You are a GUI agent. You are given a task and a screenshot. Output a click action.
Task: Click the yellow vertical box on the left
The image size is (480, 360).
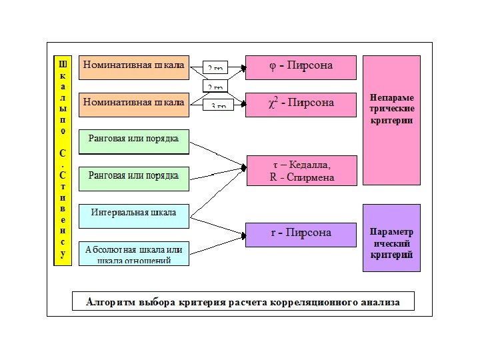point(63,160)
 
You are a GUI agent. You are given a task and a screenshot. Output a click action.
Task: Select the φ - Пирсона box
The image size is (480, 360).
point(301,67)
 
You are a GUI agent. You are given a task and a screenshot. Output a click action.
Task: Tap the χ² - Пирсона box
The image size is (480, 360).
point(301,104)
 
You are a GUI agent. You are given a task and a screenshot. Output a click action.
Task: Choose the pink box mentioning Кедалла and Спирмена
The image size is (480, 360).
point(301,171)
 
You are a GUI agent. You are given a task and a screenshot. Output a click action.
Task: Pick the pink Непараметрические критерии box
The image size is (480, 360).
point(391,119)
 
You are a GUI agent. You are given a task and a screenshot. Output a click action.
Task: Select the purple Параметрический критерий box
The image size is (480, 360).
point(391,238)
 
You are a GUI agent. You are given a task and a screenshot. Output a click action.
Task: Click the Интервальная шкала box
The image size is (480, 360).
point(133,213)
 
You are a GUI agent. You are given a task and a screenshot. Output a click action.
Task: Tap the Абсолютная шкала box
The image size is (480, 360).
point(133,253)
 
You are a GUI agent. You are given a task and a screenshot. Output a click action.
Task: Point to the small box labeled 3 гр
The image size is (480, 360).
point(218,105)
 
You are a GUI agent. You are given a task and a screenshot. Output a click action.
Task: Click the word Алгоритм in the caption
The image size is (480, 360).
point(110,302)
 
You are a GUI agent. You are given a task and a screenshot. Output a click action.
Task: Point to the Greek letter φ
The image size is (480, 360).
point(272,66)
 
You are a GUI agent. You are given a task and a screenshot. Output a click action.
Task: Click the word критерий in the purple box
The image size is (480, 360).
point(391,255)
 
